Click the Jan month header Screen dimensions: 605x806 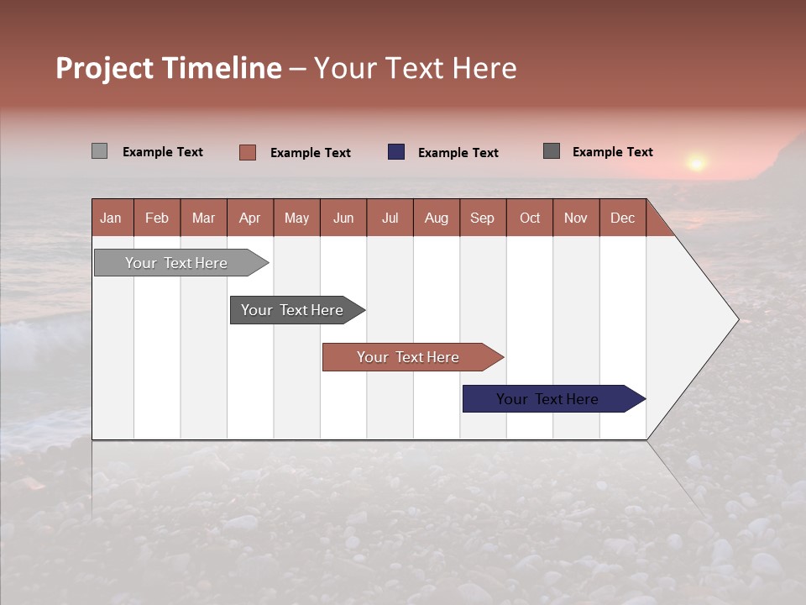click(x=111, y=218)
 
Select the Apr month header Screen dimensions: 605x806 click(x=249, y=218)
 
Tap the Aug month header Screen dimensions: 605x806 click(x=436, y=218)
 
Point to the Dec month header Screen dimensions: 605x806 click(x=622, y=218)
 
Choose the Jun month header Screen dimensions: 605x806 click(x=343, y=218)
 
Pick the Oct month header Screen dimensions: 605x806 click(x=530, y=218)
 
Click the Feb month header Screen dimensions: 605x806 click(x=157, y=218)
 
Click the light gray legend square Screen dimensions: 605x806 click(x=99, y=151)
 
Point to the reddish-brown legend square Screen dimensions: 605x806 click(x=248, y=152)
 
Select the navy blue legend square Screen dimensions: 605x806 click(x=396, y=152)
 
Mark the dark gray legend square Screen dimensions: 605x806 click(x=552, y=151)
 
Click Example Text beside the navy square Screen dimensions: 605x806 click(x=458, y=153)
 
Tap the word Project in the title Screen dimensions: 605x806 click(x=105, y=69)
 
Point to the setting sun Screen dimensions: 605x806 click(x=696, y=161)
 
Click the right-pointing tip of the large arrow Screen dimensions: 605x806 click(x=736, y=319)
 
